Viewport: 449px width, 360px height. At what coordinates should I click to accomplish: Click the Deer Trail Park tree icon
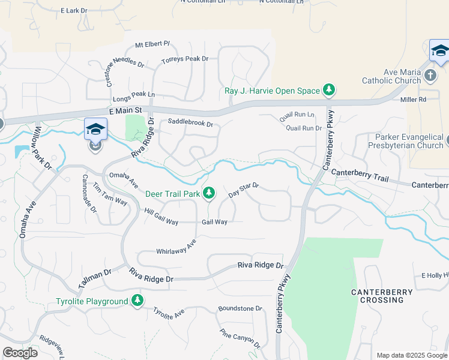tap(209, 193)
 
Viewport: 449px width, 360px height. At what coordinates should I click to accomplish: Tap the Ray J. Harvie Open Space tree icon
tap(329, 91)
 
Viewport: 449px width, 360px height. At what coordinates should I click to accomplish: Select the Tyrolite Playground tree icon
tap(138, 301)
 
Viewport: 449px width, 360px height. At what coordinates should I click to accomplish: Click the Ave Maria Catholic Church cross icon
tap(430, 76)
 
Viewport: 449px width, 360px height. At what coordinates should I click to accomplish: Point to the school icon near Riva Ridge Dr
tap(96, 129)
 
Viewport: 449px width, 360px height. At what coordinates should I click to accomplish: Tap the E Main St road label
tap(125, 110)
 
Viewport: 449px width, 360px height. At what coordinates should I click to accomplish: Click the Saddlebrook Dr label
tap(190, 123)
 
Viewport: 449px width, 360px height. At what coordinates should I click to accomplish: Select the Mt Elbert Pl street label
tap(153, 44)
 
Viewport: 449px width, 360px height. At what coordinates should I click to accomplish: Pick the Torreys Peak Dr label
tap(185, 59)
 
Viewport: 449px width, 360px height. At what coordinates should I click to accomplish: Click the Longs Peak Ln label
tap(134, 94)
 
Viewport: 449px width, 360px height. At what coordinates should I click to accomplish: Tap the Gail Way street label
tap(214, 222)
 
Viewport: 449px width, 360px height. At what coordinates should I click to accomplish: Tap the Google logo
tap(20, 353)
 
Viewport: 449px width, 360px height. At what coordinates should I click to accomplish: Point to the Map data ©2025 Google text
tap(411, 355)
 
